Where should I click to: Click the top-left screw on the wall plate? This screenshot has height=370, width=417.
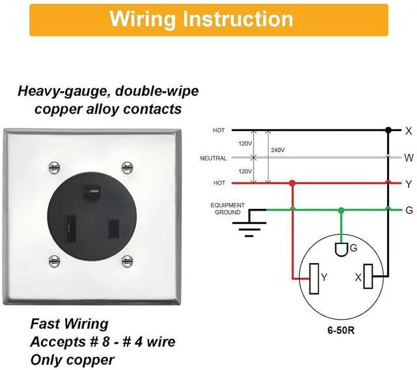54,168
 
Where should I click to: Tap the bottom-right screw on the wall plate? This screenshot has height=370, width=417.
127,261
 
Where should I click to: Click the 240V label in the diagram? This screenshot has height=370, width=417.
278,150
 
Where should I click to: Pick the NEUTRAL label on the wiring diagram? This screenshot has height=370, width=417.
213,158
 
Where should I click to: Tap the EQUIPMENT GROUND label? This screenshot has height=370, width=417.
227,209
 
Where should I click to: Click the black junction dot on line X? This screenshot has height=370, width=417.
388,131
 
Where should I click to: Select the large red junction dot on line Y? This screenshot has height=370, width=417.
293,183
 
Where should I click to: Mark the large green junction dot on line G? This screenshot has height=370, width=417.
341,210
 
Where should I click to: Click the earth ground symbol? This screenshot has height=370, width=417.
250,223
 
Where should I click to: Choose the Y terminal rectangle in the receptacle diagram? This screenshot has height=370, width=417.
314,279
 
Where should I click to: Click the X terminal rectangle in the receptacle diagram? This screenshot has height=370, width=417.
368,276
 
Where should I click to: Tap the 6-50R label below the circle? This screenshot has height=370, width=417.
341,331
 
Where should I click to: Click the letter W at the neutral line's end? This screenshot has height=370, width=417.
409,158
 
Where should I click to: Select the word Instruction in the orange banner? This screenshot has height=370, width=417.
238,19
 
